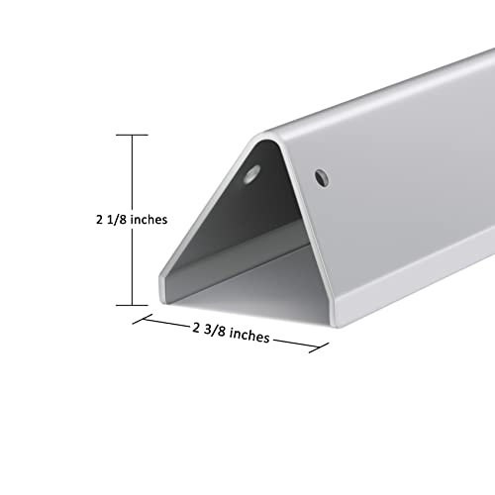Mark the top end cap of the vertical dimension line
[132, 135]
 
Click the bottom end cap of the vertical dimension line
[132, 305]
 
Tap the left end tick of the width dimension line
[136, 319]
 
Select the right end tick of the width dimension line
[327, 348]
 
